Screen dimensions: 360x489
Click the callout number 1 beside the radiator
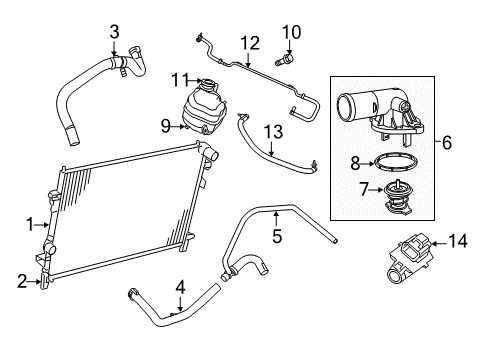coord(30,225)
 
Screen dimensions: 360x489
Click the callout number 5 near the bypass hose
coord(277,236)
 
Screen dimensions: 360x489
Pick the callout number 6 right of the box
coord(447,144)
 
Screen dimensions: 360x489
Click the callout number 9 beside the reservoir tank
coord(166,126)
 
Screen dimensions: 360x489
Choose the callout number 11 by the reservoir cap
coord(181,78)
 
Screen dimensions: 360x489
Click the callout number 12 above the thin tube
coord(248,42)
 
